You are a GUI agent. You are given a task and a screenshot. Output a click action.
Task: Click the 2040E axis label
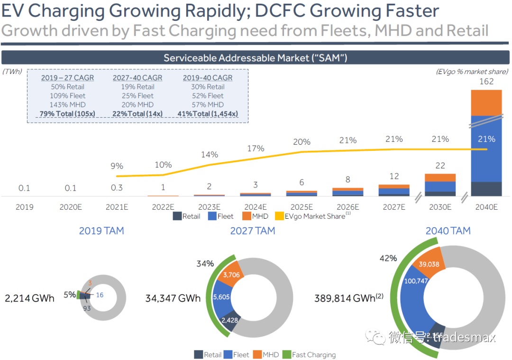click(486, 207)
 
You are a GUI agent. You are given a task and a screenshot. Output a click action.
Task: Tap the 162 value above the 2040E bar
click(486, 82)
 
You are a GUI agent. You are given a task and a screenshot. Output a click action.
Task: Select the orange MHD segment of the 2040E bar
click(486, 102)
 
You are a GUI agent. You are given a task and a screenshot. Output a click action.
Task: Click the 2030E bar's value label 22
click(440, 165)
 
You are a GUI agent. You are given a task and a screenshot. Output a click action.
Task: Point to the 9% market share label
click(117, 166)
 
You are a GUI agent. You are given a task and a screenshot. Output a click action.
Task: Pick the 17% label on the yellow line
click(256, 148)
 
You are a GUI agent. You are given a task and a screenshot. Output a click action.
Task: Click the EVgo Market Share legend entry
click(314, 216)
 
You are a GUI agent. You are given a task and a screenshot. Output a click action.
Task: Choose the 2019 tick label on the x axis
click(24, 207)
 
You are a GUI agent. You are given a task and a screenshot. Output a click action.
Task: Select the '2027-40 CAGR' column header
click(137, 78)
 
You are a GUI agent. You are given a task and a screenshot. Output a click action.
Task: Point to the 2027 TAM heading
click(253, 231)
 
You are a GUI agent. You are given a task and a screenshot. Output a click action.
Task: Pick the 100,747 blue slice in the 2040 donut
click(416, 281)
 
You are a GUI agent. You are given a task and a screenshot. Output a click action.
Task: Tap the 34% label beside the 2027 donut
click(205, 264)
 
